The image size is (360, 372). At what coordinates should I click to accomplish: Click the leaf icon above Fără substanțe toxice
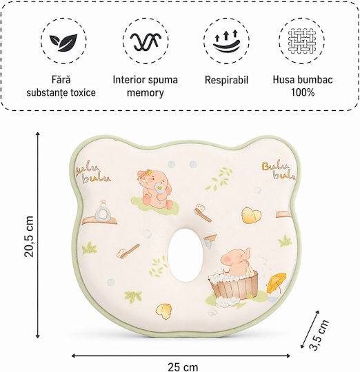[63, 42]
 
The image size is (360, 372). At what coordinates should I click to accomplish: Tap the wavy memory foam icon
[146, 41]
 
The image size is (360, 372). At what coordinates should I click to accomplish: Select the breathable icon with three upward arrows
[226, 41]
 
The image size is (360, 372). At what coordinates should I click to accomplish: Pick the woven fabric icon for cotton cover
[302, 41]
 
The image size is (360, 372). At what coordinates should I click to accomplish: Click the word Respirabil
[226, 80]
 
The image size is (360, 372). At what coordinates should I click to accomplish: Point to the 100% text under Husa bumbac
[303, 92]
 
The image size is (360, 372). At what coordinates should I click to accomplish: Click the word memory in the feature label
[145, 93]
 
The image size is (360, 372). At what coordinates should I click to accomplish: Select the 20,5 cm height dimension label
[29, 236]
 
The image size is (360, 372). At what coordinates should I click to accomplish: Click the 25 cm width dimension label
[183, 366]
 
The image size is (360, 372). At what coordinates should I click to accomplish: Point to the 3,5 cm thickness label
[319, 335]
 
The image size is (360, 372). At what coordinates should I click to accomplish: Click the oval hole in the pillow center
[186, 255]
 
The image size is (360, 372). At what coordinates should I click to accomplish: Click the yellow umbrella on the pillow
[277, 283]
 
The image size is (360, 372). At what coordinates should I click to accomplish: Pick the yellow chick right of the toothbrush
[251, 215]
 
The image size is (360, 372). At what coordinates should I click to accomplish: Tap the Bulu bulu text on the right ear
[279, 171]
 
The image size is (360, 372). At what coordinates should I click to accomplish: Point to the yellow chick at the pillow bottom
[163, 311]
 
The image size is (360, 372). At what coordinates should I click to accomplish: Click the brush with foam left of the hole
[128, 251]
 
